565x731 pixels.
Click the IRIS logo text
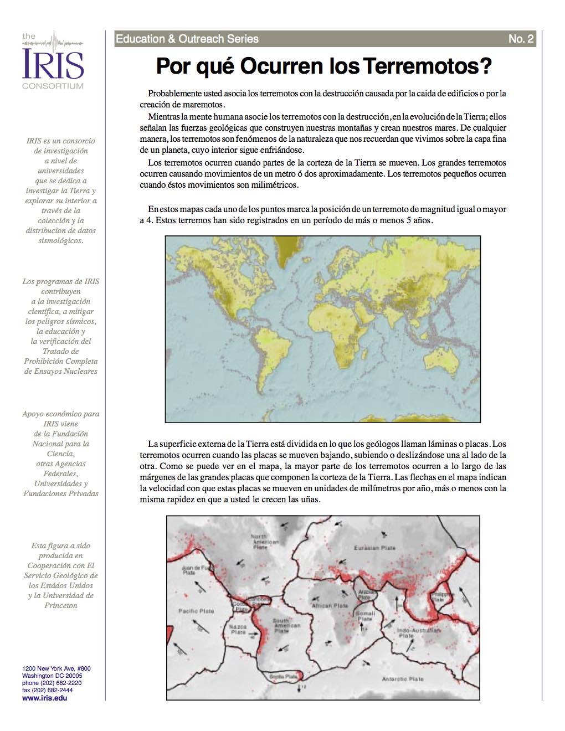[53, 64]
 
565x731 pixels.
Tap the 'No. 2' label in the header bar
[521, 39]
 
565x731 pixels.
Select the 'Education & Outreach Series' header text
[187, 39]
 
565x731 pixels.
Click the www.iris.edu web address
[45, 698]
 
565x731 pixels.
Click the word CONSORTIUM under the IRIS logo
[53, 86]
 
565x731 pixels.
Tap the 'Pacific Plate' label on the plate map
[196, 611]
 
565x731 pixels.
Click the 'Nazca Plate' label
[238, 629]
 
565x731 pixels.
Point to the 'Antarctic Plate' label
[403, 678]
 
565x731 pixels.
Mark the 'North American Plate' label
[259, 542]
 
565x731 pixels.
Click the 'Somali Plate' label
[365, 616]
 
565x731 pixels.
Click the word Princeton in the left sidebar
[61, 605]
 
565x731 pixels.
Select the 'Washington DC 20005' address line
[52, 676]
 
